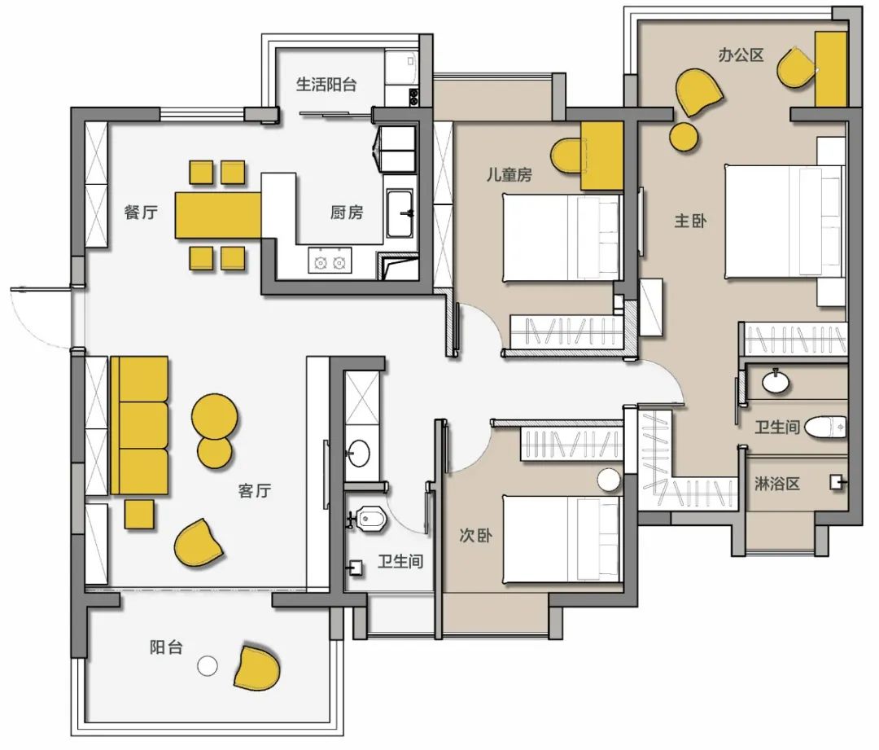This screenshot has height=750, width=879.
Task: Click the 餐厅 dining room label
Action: (x=141, y=213)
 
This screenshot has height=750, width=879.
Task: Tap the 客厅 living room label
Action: (x=255, y=491)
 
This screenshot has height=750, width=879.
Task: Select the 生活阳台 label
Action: (x=326, y=85)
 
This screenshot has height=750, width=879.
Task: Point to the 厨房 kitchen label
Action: (x=347, y=212)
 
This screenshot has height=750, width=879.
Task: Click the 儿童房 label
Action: (x=509, y=175)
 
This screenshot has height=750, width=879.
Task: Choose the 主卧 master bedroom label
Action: (x=690, y=221)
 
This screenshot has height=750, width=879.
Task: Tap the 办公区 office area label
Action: (x=741, y=55)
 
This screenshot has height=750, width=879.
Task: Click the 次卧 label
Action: (x=476, y=535)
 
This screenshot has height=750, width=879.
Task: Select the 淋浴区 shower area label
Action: (x=777, y=484)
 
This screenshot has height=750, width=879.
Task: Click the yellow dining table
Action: (x=219, y=215)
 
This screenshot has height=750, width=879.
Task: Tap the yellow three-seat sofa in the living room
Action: (x=140, y=425)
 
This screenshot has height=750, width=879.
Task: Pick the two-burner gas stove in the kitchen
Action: (x=330, y=261)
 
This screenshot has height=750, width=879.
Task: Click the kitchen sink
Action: (x=400, y=213)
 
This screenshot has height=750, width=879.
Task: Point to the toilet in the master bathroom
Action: (x=825, y=428)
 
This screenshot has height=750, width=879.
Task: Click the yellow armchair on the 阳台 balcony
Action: (x=257, y=668)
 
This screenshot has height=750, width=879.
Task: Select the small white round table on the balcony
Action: (x=208, y=666)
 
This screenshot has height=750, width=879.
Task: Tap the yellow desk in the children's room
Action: (x=601, y=156)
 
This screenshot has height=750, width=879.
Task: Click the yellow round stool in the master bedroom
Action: (x=684, y=137)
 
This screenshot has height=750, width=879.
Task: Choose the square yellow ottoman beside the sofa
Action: (x=139, y=514)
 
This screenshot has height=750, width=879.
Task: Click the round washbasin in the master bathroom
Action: (x=776, y=383)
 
